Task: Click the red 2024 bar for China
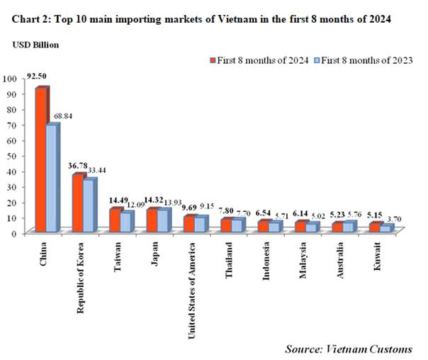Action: [x=41, y=160]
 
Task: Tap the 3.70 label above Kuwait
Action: [x=393, y=219]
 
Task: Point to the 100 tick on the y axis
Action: [x=11, y=78]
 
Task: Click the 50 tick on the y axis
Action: [x=13, y=155]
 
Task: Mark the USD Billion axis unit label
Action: [x=35, y=45]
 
